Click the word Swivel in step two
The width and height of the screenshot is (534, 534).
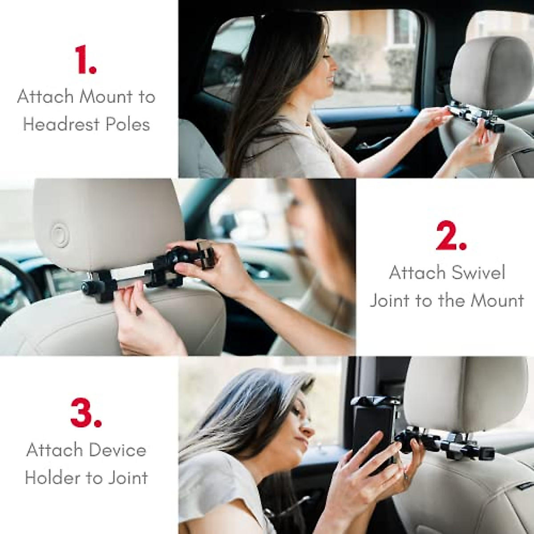point(477,272)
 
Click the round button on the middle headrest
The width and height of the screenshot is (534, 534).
point(59,233)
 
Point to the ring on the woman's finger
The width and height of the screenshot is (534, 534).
point(406,477)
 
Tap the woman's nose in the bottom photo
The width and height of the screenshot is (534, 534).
point(307,433)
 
